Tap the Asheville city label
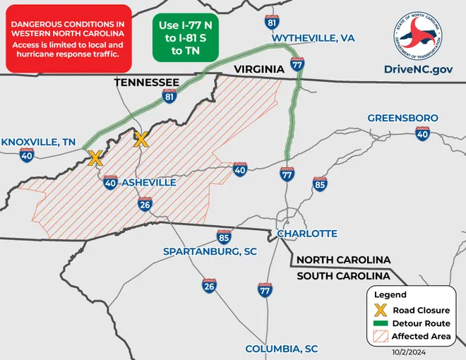click(x=149, y=183)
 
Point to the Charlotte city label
click(x=307, y=234)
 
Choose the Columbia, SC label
click(x=281, y=349)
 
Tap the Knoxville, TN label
click(x=38, y=141)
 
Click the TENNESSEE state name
click(x=146, y=83)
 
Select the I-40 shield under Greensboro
click(x=422, y=133)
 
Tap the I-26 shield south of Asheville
click(x=145, y=205)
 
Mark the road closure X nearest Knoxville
click(x=94, y=157)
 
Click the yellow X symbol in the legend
click(x=380, y=310)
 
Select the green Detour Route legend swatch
click(x=380, y=323)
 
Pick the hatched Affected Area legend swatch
click(x=380, y=337)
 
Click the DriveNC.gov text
click(x=418, y=68)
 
